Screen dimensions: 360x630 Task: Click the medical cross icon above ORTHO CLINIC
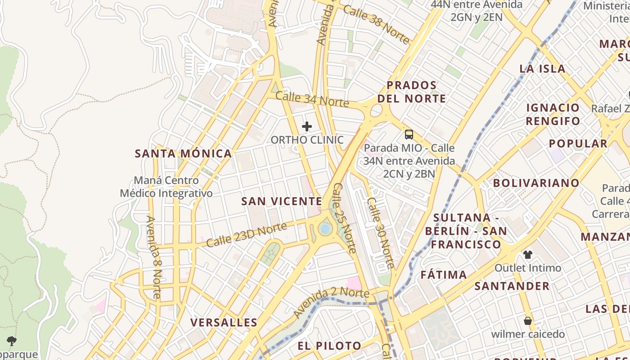[x=306, y=126]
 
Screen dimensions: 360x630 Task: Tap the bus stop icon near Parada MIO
[x=409, y=134]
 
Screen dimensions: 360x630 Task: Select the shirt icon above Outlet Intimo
[x=528, y=255]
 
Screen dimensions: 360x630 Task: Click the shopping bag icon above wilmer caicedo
[x=528, y=321]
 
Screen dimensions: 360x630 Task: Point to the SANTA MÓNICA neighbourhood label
[x=184, y=153]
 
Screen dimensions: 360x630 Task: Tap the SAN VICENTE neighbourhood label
[x=282, y=201]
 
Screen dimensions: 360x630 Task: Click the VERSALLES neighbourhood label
[x=224, y=322]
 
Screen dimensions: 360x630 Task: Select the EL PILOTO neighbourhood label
[x=329, y=346]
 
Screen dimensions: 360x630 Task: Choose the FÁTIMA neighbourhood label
[x=444, y=274]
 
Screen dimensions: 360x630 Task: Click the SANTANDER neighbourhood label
[x=512, y=286]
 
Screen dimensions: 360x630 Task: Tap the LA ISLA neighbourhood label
[x=542, y=68]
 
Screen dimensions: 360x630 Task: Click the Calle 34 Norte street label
[x=312, y=99]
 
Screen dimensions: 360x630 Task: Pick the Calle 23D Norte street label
[x=247, y=235]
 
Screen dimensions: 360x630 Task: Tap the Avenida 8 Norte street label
[x=153, y=257]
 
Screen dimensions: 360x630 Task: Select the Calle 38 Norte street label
[x=376, y=25]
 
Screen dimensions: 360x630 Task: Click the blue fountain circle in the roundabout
[x=324, y=229]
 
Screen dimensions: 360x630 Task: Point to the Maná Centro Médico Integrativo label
[x=166, y=187]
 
